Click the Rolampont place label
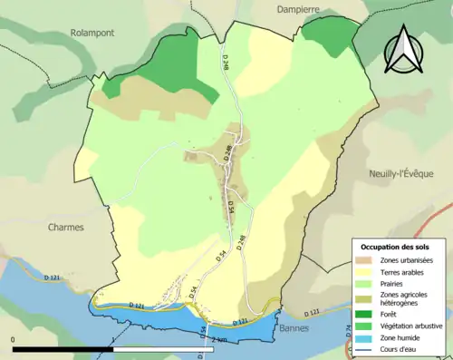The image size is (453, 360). pyautogui.click(x=91, y=32)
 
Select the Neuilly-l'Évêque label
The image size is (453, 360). pyautogui.click(x=407, y=174)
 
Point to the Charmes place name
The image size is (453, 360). pyautogui.click(x=65, y=228)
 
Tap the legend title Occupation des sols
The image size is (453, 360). pyautogui.click(x=397, y=247)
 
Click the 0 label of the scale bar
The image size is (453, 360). pyautogui.click(x=14, y=338)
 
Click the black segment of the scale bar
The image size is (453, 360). pyautogui.click(x=63, y=348)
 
